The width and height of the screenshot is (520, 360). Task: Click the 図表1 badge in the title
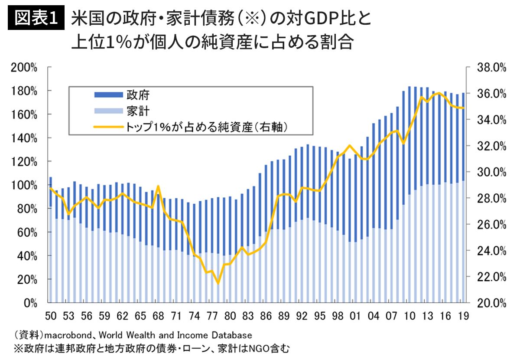point(36,19)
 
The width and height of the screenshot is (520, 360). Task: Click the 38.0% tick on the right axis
point(491,68)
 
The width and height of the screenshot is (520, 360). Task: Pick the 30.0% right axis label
point(491,172)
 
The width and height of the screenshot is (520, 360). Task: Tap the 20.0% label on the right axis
point(491,302)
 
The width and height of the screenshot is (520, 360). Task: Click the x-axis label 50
point(51,316)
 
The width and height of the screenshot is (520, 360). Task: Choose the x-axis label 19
point(462,316)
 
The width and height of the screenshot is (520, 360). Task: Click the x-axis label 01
point(355,316)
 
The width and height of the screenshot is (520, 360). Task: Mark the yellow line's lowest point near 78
point(218,283)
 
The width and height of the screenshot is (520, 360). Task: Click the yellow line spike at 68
point(159,187)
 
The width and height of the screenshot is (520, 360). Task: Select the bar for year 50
point(51,243)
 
